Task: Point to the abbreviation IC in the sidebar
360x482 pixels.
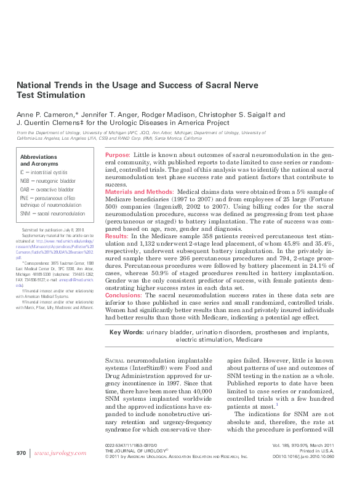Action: [23, 174]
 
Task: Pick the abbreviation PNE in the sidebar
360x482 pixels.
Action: [25, 198]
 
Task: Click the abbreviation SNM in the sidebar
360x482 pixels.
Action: [25, 213]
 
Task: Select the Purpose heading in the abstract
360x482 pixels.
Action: [117, 155]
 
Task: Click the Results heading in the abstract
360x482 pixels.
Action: [116, 236]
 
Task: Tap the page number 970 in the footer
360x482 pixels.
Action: [21, 452]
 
